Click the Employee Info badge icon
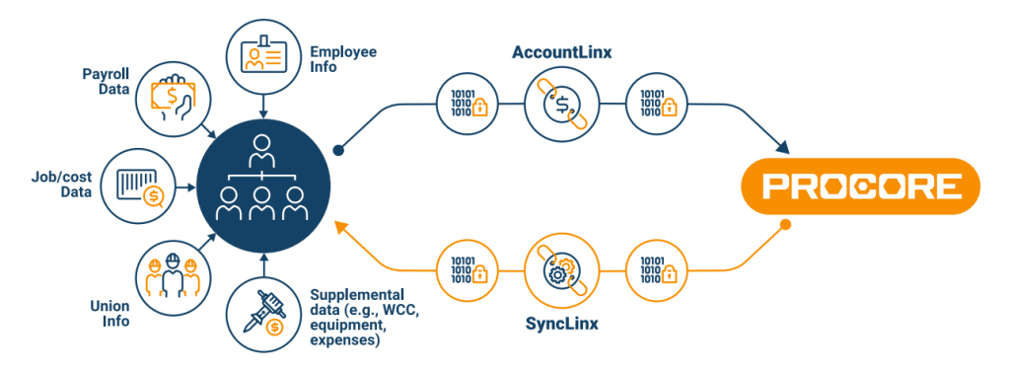[262, 45]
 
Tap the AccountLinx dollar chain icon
[558, 103]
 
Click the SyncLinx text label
[558, 325]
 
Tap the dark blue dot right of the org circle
[337, 151]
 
